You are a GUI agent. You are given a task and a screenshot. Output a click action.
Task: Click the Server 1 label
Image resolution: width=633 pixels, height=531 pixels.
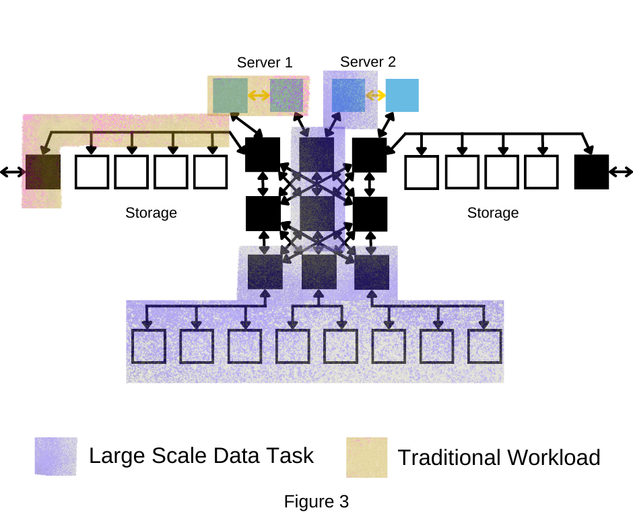click(265, 63)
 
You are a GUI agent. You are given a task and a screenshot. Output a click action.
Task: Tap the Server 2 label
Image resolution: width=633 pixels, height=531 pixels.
click(368, 62)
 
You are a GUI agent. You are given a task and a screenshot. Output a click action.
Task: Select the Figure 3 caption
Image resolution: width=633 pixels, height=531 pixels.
click(316, 501)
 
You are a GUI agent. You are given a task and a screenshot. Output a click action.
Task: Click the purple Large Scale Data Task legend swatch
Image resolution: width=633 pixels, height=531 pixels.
click(56, 457)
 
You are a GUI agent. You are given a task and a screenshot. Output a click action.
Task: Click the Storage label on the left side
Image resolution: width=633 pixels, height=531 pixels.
click(151, 213)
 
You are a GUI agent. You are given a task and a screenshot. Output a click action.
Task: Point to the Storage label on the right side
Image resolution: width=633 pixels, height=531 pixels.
click(493, 213)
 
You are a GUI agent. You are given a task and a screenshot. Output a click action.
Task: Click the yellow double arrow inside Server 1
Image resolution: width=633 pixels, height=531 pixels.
click(259, 96)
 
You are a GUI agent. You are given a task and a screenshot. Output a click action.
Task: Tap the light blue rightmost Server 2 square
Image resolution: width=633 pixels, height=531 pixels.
click(402, 95)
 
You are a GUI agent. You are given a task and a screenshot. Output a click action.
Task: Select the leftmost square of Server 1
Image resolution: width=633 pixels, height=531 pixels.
click(230, 95)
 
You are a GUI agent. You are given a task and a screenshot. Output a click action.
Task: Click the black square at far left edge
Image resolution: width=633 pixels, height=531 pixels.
click(42, 172)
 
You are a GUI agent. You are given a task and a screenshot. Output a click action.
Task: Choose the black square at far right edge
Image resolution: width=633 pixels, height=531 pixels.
click(591, 172)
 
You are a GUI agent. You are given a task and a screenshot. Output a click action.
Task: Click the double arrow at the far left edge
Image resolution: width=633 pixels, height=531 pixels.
click(11, 173)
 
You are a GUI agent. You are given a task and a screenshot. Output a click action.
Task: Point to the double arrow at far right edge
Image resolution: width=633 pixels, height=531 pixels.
click(621, 173)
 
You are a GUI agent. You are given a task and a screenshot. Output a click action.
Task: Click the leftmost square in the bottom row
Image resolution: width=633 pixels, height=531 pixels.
click(148, 346)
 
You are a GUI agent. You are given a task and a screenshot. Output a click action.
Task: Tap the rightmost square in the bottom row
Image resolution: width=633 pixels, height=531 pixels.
click(485, 346)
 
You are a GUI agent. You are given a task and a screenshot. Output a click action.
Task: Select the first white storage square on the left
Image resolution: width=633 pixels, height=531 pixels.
click(91, 172)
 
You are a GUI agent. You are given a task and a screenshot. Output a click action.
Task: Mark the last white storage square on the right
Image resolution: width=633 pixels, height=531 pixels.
click(541, 172)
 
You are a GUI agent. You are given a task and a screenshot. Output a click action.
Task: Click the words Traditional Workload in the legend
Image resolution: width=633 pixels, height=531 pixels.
click(498, 458)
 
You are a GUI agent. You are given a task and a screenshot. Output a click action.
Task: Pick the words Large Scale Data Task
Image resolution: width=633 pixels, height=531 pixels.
click(201, 456)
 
